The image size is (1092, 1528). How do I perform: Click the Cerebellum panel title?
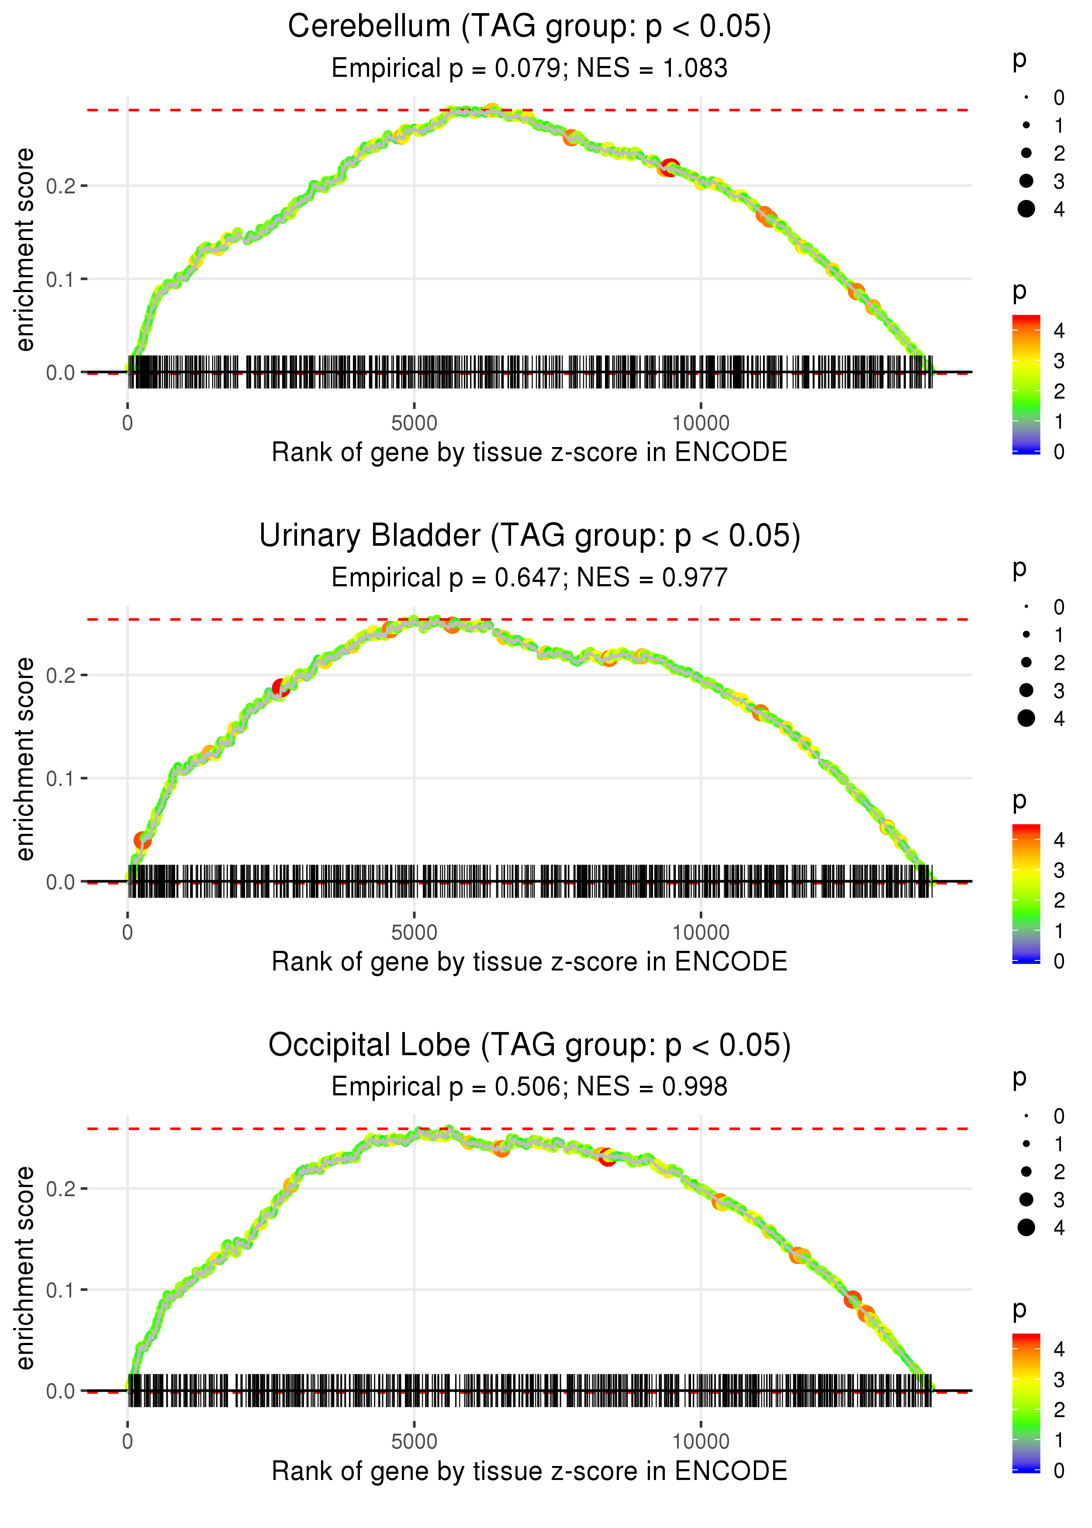pos(529,27)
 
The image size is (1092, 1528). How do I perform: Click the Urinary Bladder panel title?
pos(529,536)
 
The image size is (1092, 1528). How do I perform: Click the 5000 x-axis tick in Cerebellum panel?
pos(414,423)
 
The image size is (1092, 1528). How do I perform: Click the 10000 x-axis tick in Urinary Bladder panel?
pos(701,933)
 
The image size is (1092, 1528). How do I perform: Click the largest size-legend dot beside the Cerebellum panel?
pos(1026,209)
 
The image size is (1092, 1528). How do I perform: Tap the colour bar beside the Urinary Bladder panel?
pos(1026,894)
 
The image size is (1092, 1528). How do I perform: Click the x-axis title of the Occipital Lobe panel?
pos(529,1472)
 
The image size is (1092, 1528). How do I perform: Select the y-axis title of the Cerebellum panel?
pos(25,250)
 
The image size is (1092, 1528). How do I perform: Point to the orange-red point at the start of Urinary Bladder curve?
pos(142,840)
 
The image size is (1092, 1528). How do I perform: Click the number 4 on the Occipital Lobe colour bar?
pos(1059,1349)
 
